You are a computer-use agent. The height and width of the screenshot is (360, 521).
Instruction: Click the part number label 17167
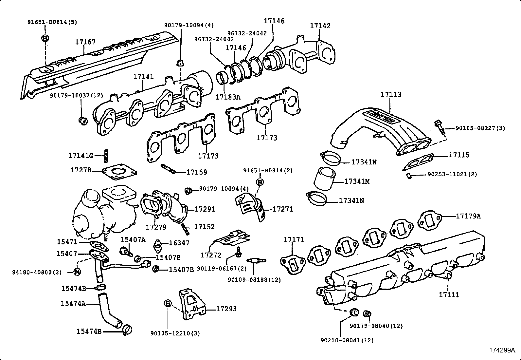tap(85, 42)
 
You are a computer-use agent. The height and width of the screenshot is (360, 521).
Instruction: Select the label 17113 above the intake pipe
tap(391, 94)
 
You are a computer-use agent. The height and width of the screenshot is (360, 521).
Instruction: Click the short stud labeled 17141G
tap(106, 156)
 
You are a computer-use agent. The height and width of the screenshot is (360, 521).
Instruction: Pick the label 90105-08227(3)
tap(480, 128)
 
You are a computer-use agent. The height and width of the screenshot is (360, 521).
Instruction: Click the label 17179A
tap(468, 216)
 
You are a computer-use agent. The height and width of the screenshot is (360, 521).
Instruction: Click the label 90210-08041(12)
tap(347, 340)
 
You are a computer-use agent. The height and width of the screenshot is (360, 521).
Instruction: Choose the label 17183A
tap(228, 97)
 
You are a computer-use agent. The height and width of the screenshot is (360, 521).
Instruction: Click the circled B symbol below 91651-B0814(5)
tap(45, 38)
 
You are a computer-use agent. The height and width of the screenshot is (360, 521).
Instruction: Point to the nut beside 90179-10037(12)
tap(83, 121)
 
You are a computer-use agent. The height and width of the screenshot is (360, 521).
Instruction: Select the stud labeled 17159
tap(169, 169)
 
